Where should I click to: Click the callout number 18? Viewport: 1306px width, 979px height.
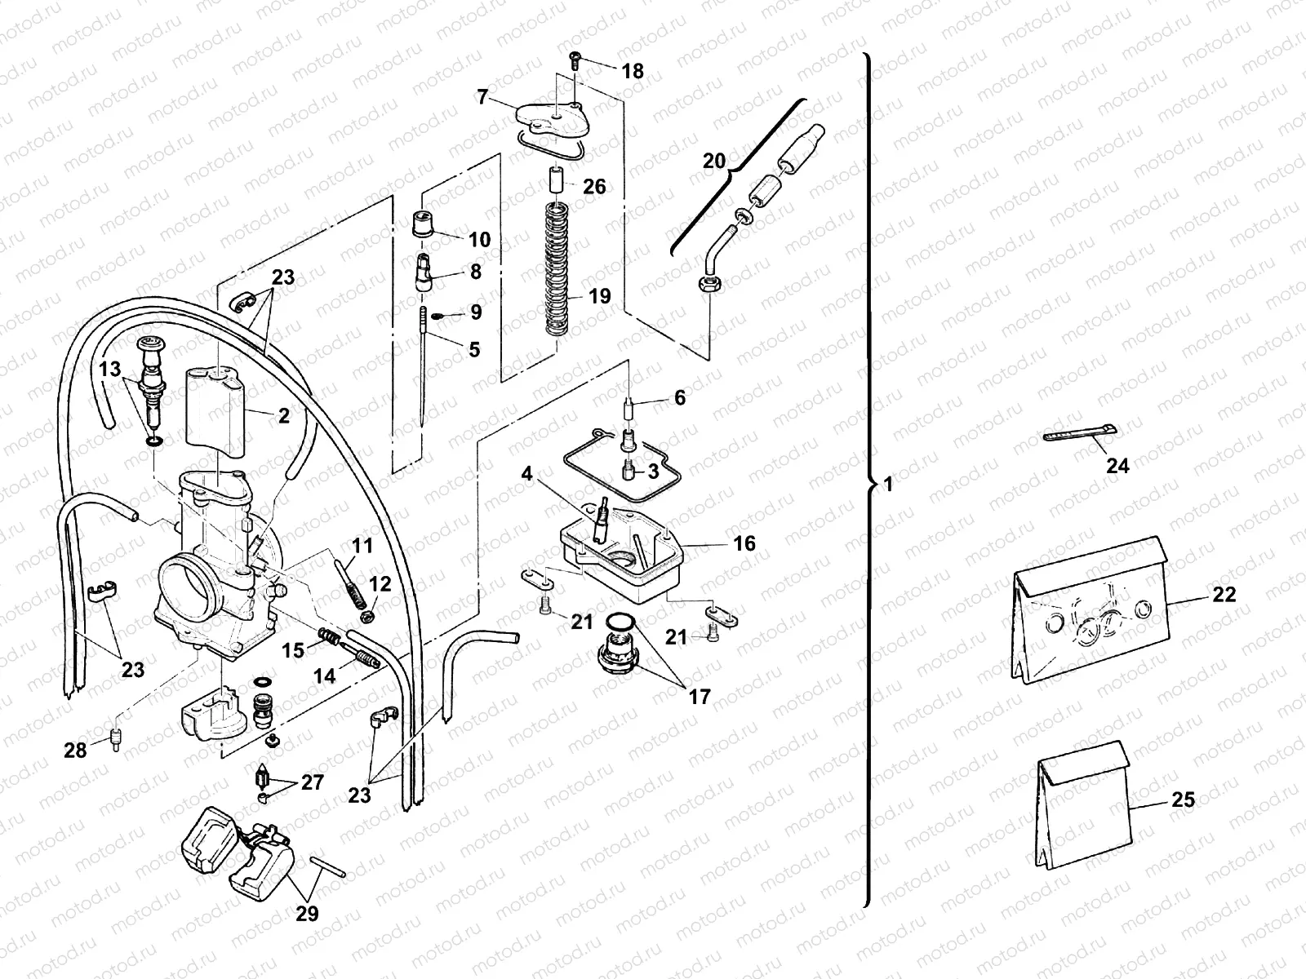[x=633, y=72]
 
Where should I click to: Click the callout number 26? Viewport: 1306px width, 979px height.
[x=594, y=187]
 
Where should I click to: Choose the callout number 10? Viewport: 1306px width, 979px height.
[x=479, y=239]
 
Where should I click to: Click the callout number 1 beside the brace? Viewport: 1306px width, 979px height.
[x=889, y=484]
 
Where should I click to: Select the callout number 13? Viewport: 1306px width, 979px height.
[x=110, y=370]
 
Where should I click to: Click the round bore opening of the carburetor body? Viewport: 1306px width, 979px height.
[x=189, y=586]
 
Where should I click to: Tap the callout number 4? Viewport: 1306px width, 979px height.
[x=527, y=473]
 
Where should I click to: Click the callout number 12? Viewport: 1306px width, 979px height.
[x=380, y=584]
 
